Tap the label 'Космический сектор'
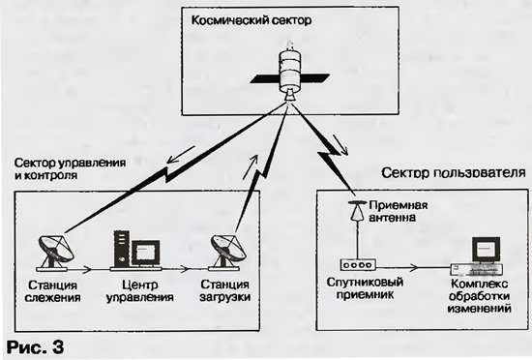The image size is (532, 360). coord(251,20)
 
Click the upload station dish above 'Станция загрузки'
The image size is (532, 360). coord(226,253)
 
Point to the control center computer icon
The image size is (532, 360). coord(136,251)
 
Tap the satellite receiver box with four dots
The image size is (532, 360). coord(358,264)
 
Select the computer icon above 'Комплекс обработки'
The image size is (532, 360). coord(478,256)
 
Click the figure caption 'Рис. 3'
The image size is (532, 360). coord(35,346)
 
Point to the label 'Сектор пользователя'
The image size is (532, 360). coord(454,173)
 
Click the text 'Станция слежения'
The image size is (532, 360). coord(53,291)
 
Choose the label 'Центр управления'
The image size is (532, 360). coord(140,291)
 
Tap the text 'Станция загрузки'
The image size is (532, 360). coord(225,290)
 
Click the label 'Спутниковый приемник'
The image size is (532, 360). coord(365,287)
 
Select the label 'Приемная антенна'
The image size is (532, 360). coord(398,211)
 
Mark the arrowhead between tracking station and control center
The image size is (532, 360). coord(87,270)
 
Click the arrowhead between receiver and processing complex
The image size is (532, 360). coord(413,267)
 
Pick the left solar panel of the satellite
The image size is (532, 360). coord(265,79)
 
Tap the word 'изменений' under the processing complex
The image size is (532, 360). coord(479,309)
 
